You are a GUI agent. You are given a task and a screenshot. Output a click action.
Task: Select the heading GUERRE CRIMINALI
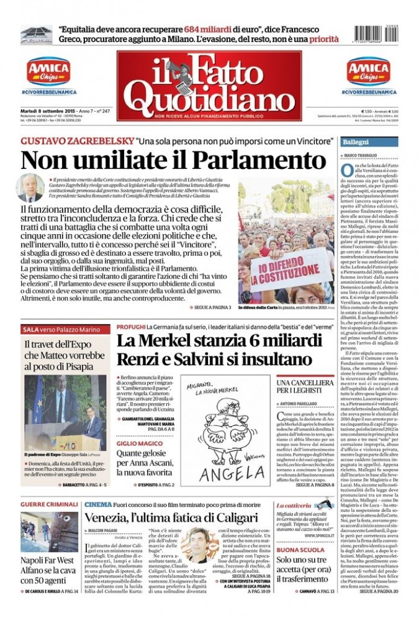click(x=49, y=505)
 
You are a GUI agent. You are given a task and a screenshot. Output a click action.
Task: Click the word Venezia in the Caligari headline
click(x=112, y=518)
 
